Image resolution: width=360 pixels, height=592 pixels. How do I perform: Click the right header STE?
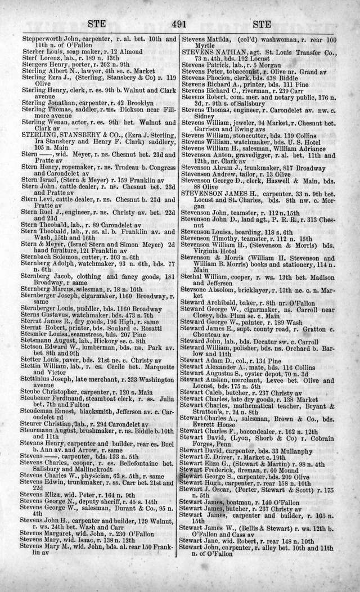(263, 25)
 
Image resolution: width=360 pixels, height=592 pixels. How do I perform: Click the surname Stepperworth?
(40, 41)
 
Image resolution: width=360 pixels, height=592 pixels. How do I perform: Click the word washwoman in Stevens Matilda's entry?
(276, 41)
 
